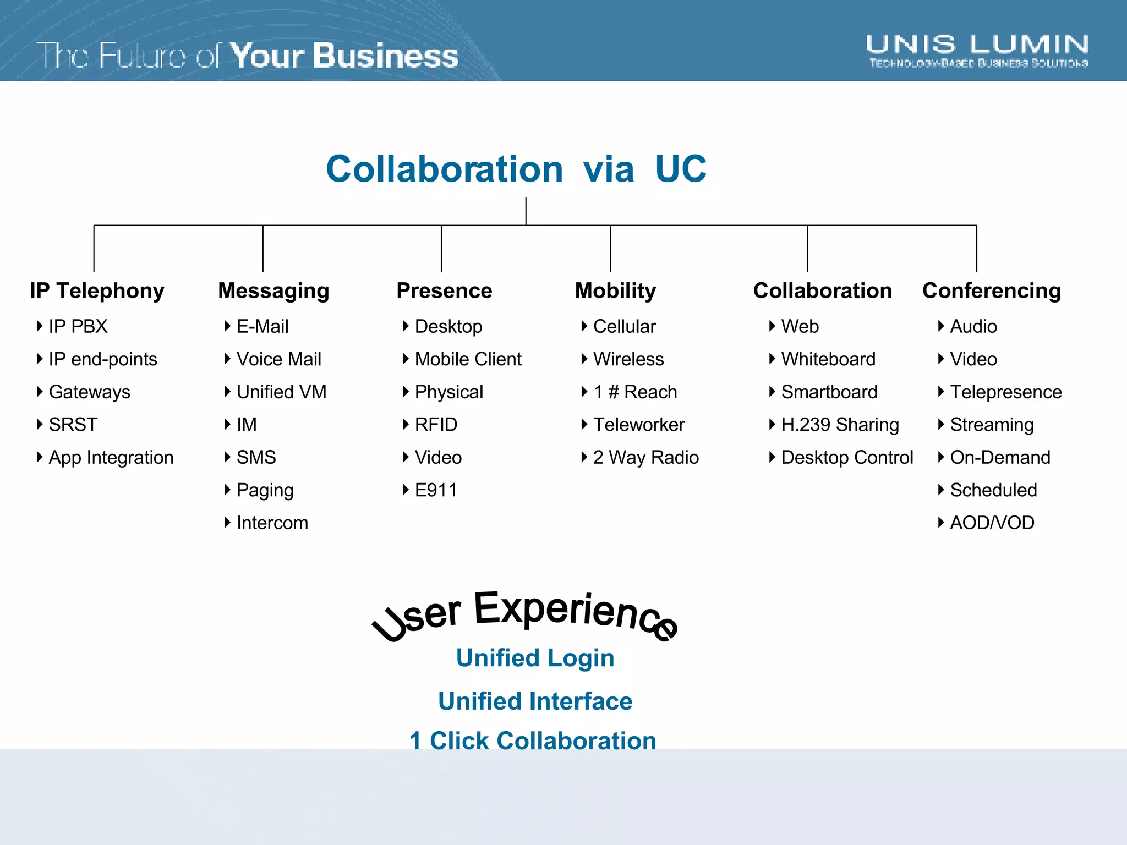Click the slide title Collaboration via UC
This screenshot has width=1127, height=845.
click(516, 169)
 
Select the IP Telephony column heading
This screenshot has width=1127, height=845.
click(97, 290)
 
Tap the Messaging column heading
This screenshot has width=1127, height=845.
click(273, 290)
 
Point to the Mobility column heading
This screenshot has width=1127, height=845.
click(615, 290)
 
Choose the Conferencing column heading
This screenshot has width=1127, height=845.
click(992, 290)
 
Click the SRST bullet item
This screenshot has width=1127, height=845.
click(73, 425)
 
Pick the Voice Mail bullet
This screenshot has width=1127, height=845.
click(278, 359)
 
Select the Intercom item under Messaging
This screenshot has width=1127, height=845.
click(272, 523)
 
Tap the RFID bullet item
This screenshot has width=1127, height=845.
click(436, 425)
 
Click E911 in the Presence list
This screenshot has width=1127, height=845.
click(435, 490)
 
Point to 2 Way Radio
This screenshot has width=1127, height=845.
click(645, 457)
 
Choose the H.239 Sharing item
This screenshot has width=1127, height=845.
click(840, 425)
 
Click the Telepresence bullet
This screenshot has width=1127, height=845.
click(1005, 392)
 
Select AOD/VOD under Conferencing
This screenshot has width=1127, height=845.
click(992, 523)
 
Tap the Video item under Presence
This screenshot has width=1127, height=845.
click(438, 457)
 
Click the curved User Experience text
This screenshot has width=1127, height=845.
click(526, 613)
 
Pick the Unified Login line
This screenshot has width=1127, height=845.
click(535, 658)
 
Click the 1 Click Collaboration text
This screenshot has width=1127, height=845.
click(533, 740)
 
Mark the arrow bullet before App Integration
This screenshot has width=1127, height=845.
click(40, 457)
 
